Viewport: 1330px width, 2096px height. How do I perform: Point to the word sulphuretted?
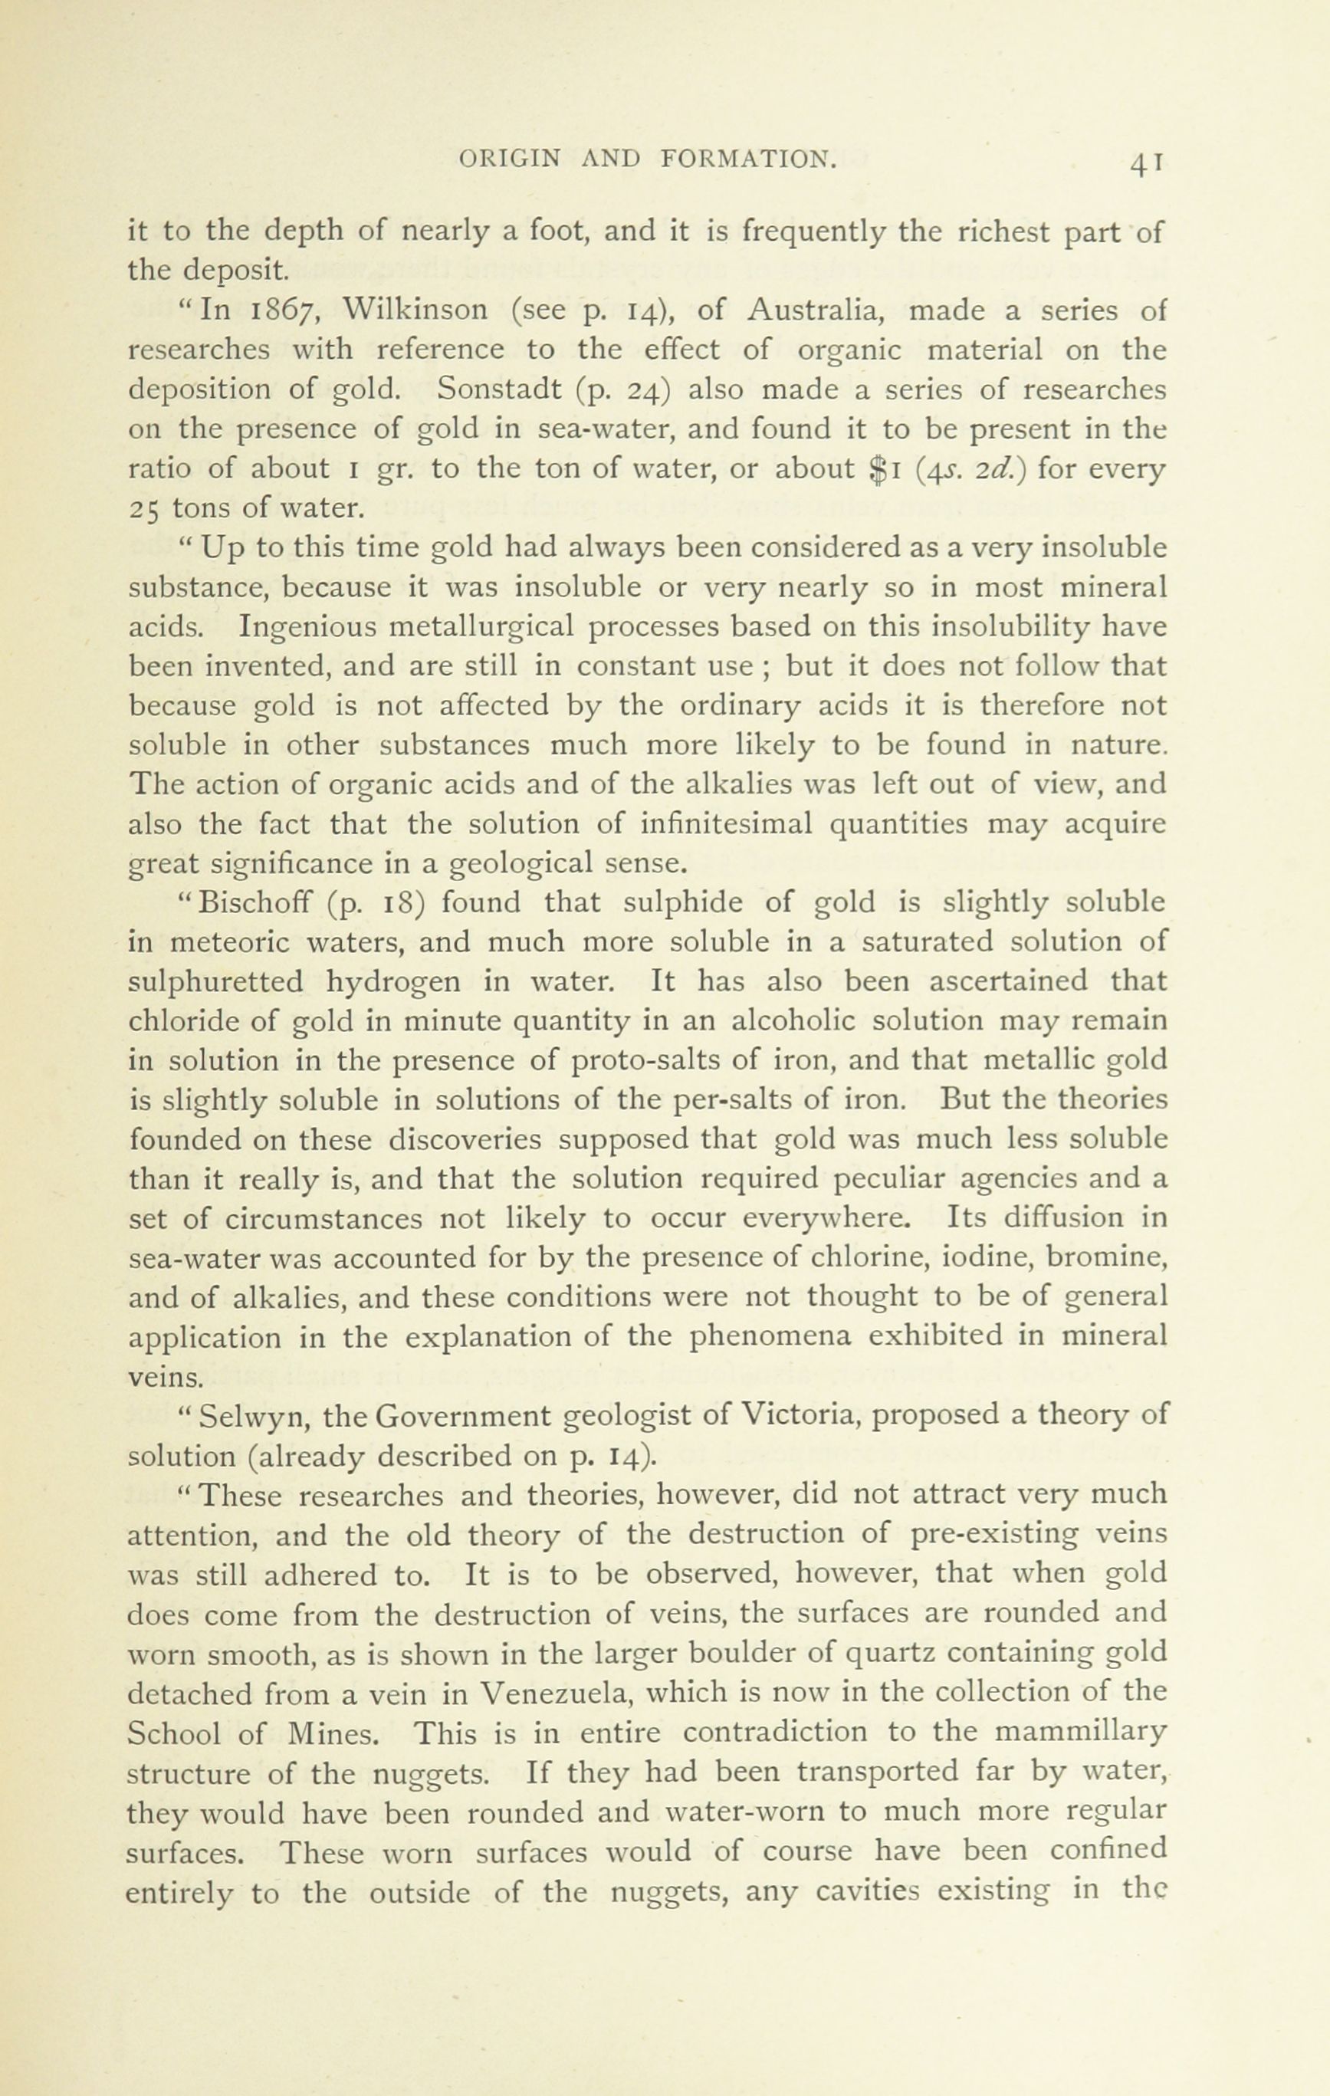(216, 982)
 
